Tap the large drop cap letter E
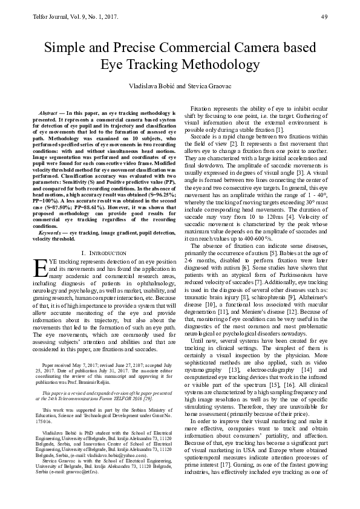[x=39, y=267]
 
